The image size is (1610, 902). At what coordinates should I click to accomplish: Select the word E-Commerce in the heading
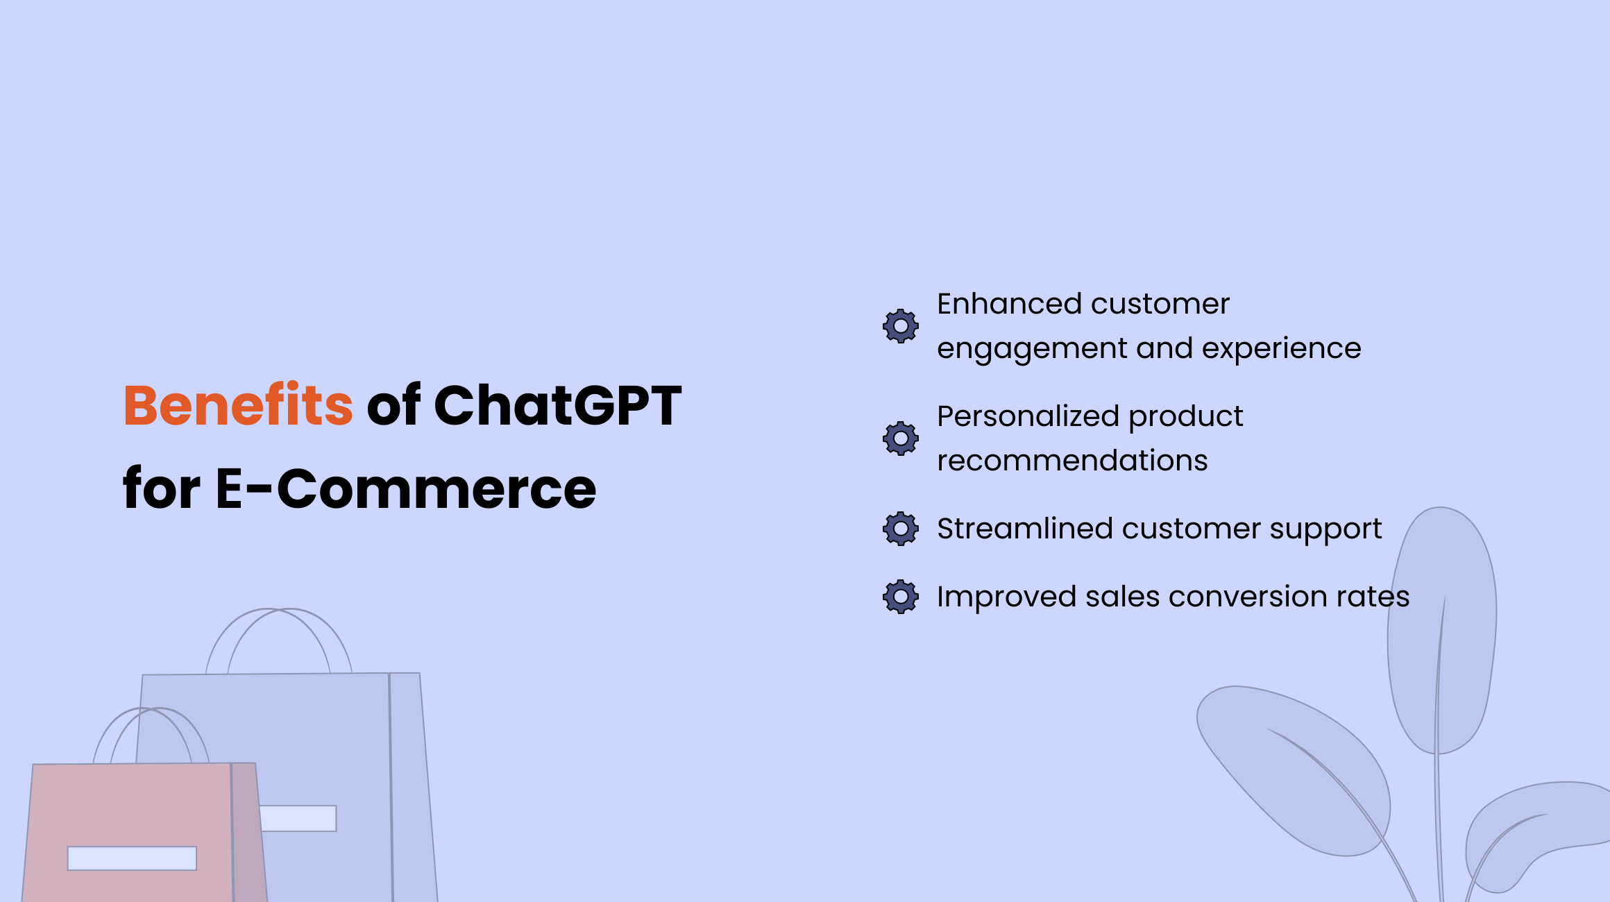(406, 488)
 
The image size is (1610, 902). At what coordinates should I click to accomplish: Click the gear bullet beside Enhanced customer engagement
(901, 326)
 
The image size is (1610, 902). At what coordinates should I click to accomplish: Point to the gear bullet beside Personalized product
(901, 439)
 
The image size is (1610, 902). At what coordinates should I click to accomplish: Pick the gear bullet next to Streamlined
(901, 529)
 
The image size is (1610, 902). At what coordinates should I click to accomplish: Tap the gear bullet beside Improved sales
(901, 597)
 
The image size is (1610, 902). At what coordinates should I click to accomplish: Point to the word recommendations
(1072, 461)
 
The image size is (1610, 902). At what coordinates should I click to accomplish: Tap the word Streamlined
(1025, 529)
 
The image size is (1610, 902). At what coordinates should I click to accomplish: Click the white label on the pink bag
(132, 858)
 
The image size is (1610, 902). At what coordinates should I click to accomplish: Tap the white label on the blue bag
(298, 818)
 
